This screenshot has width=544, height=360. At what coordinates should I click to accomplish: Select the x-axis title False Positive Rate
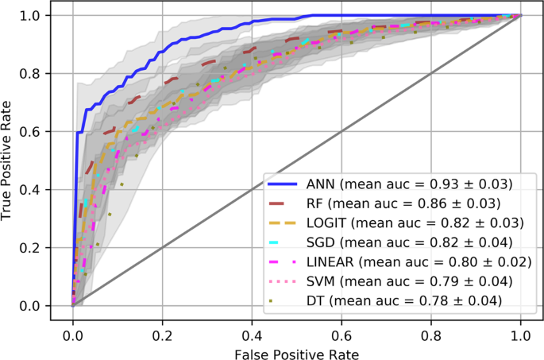pyautogui.click(x=296, y=350)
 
